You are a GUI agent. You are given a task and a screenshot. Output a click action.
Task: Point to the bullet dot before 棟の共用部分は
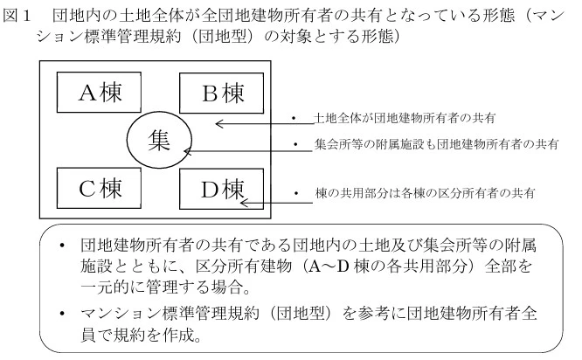pos(297,190)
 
